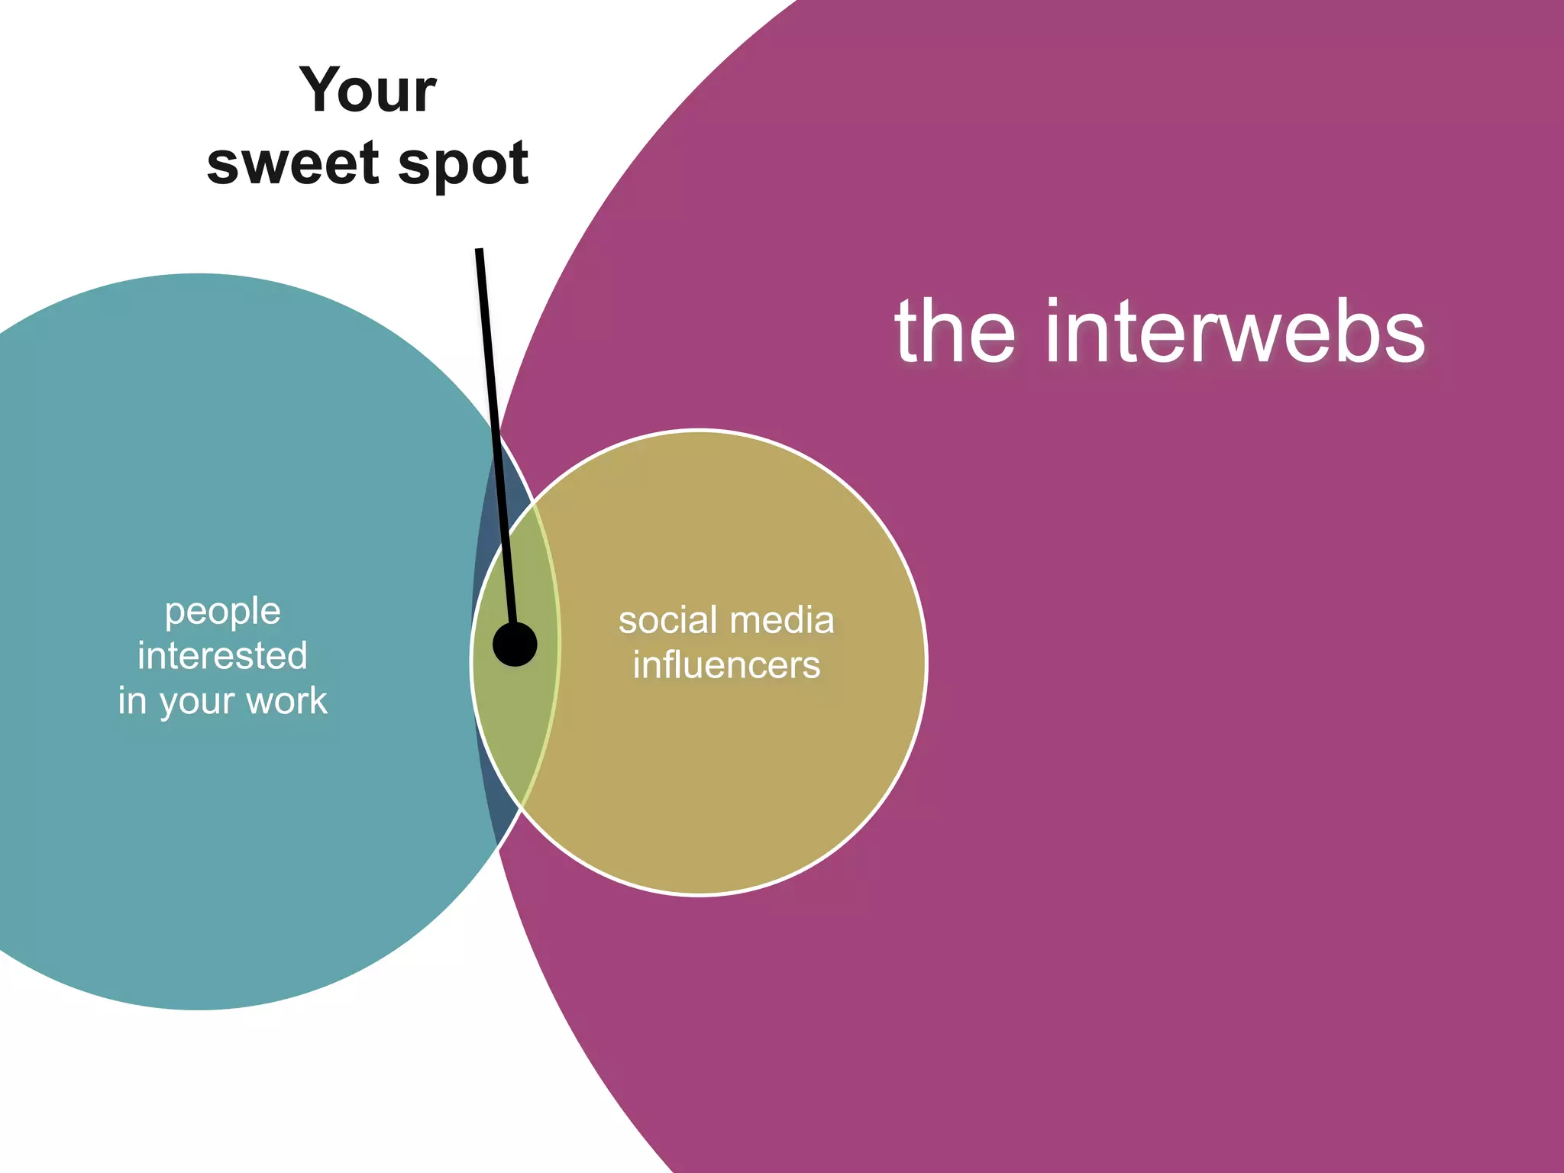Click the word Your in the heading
pyautogui.click(x=367, y=90)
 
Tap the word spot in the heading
pyautogui.click(x=463, y=165)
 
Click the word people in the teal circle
pyautogui.click(x=223, y=612)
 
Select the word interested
pyautogui.click(x=223, y=656)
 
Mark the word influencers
pyautogui.click(x=726, y=665)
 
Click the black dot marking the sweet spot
pyautogui.click(x=515, y=644)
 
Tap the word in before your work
pyautogui.click(x=131, y=701)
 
